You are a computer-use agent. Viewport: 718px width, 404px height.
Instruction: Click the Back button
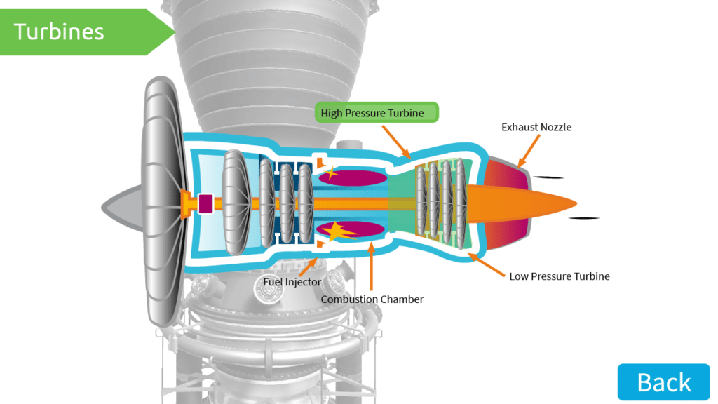[663, 382]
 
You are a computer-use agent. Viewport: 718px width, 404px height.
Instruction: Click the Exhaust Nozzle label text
[536, 127]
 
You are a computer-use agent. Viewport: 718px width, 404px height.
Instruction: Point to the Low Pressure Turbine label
[560, 276]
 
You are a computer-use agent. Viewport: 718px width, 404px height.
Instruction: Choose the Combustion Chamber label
[372, 299]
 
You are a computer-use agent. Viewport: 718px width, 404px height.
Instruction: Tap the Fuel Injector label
[292, 282]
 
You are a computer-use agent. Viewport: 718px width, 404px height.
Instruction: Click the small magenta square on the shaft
[205, 203]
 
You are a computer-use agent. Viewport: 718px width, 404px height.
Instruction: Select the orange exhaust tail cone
[526, 203]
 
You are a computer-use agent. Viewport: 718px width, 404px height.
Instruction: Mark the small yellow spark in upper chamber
[330, 172]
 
